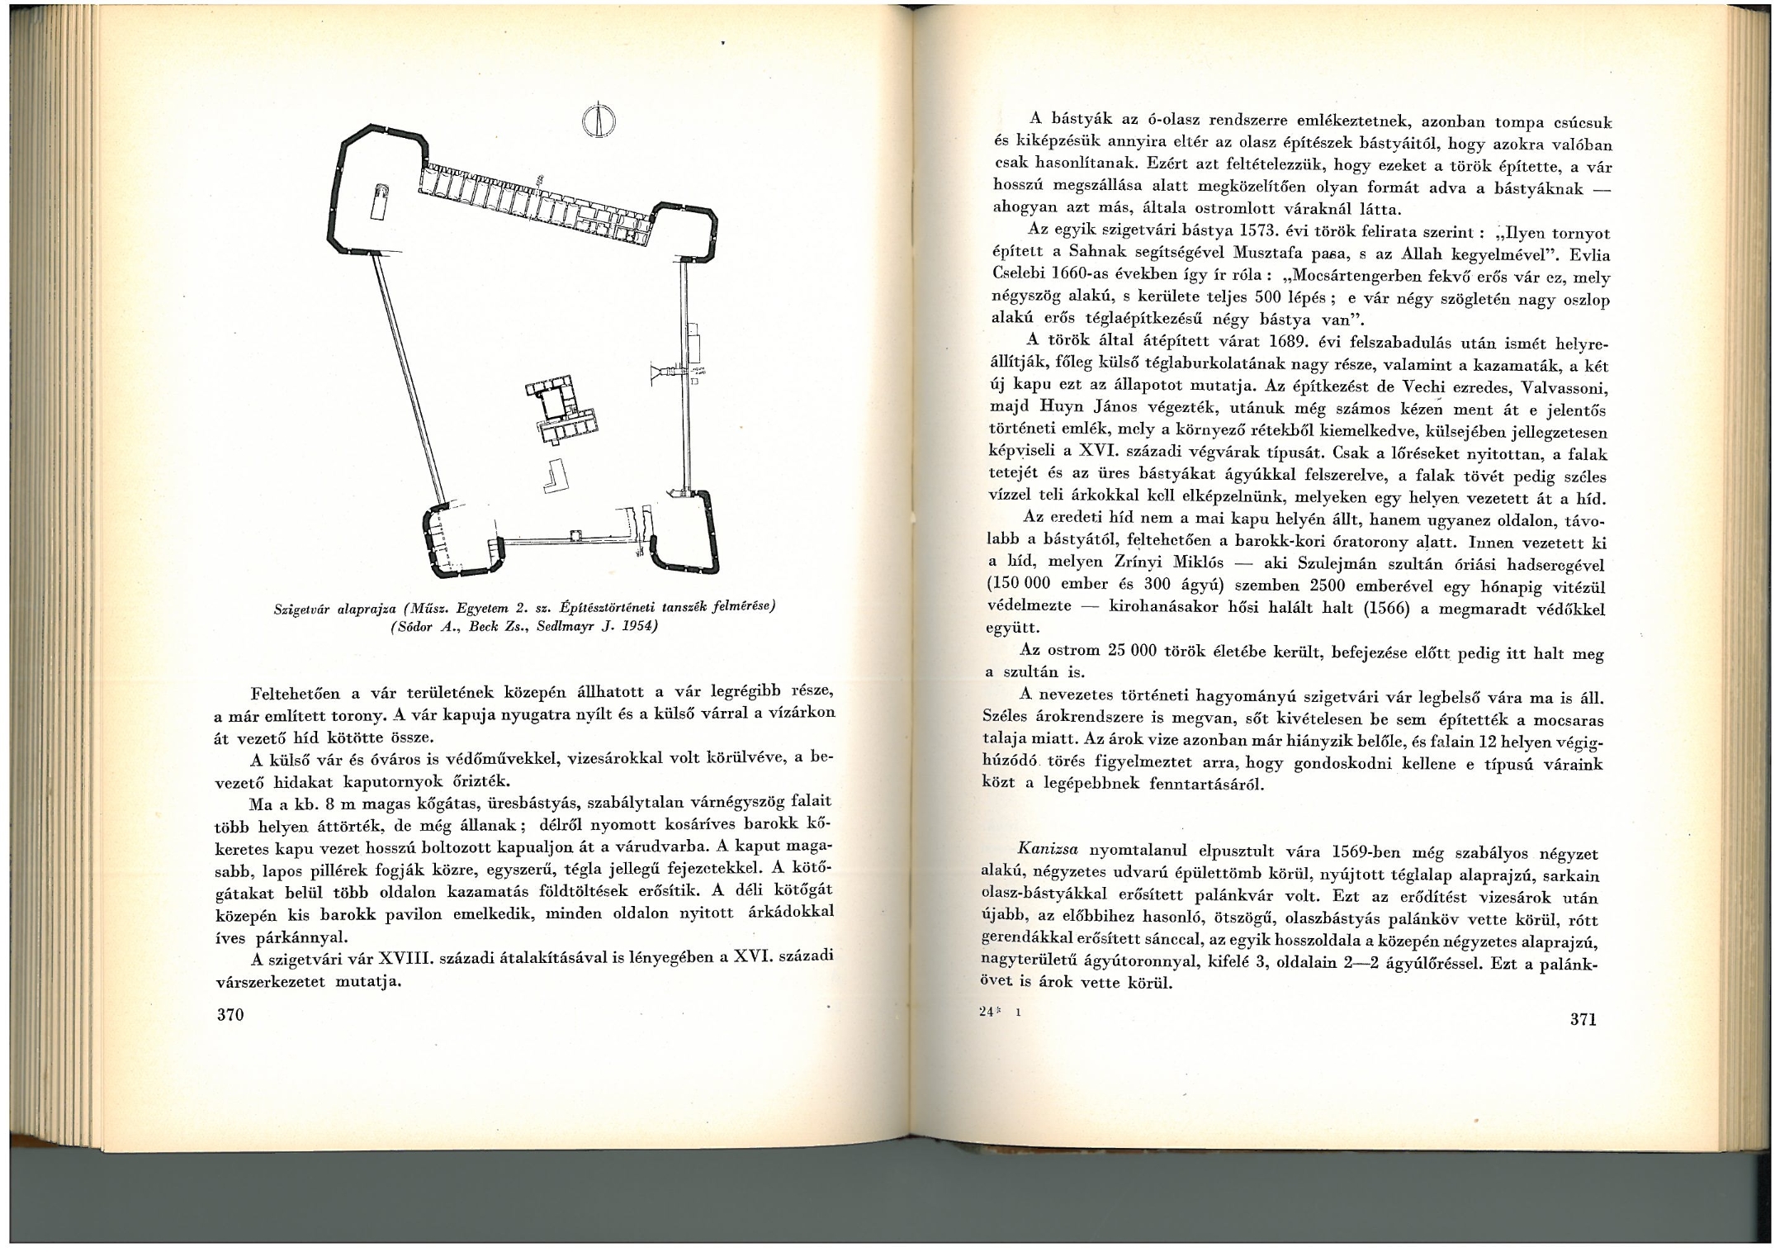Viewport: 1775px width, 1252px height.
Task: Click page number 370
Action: (x=230, y=1014)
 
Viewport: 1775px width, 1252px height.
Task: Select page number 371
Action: (x=1583, y=1018)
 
